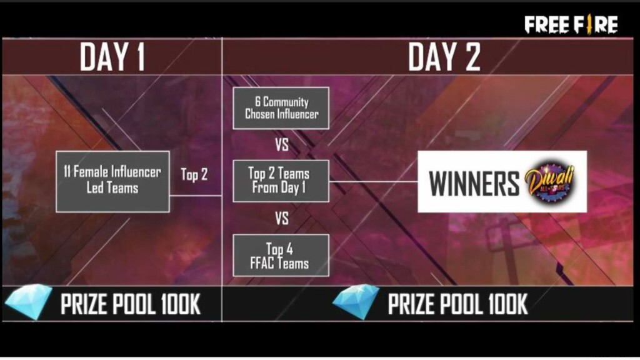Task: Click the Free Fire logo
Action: tap(571, 24)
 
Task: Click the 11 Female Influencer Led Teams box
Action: tap(112, 180)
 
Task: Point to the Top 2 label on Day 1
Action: tap(194, 174)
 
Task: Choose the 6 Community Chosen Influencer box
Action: tap(281, 108)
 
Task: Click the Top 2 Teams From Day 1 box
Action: tap(281, 181)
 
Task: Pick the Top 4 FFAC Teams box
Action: tap(281, 255)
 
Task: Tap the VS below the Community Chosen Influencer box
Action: tap(282, 145)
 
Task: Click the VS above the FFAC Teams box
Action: tap(282, 219)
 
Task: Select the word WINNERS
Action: tap(474, 184)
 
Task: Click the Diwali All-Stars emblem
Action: tap(549, 182)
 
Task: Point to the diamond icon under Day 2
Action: tap(356, 303)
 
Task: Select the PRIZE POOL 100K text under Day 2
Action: tap(457, 304)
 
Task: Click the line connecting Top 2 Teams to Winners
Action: tap(373, 181)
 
